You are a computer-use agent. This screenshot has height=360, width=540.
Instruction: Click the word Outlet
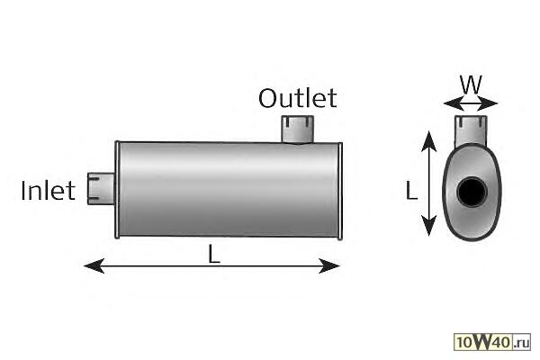pos(297,97)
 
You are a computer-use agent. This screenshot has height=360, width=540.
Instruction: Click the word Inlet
pos(48,191)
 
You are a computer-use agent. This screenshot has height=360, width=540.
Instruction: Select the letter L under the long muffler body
pos(213,254)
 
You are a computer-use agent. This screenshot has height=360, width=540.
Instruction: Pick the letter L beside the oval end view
pos(411,190)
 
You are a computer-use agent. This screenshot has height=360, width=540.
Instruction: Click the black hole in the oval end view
pos(471,192)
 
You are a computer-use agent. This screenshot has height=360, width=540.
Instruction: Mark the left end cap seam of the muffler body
pos(118,189)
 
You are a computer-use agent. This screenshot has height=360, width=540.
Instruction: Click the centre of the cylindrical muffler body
pos(228,189)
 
